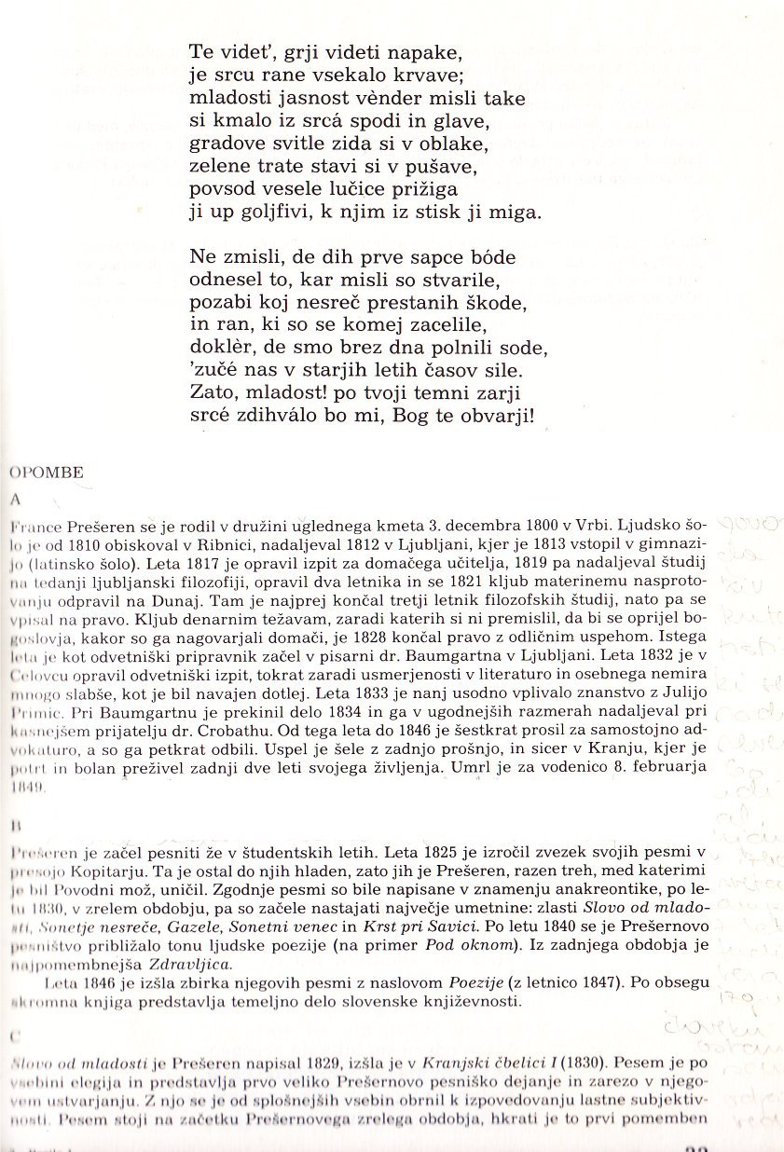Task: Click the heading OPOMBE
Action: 46,473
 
